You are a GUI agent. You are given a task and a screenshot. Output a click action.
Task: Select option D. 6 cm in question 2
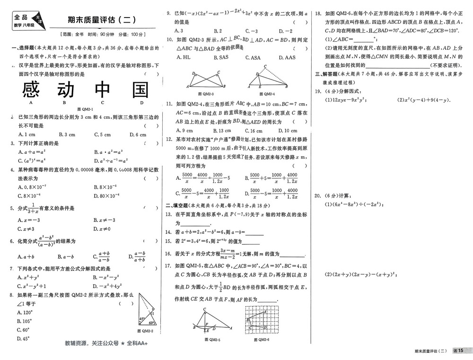[x=136, y=135]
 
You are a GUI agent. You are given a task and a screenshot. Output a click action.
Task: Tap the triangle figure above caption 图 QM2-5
[x=211, y=321]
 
